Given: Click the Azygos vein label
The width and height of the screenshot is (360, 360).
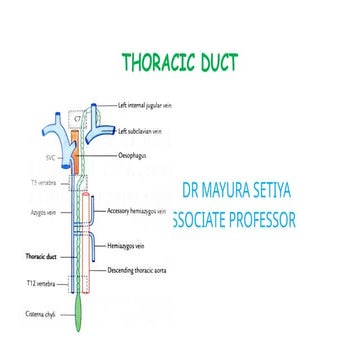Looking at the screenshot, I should (38, 213).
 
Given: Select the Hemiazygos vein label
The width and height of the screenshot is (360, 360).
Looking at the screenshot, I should (131, 243).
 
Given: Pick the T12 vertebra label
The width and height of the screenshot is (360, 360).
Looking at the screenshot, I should (39, 283).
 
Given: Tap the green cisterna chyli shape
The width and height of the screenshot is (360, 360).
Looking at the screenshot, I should (78, 318).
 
